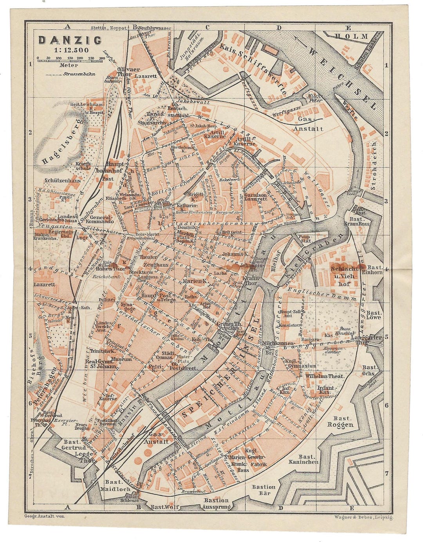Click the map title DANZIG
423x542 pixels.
70,40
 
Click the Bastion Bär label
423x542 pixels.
263,490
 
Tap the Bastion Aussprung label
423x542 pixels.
216,503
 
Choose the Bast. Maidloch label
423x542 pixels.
112,486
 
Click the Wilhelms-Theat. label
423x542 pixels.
324,376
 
